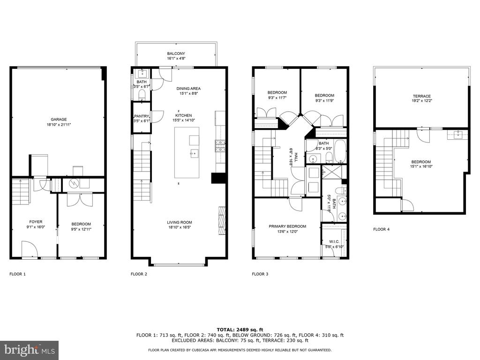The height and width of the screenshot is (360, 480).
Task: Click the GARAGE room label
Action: click(59, 120)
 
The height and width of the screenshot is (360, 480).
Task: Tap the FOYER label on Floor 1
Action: click(36, 222)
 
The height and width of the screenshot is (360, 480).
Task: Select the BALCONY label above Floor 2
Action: click(176, 53)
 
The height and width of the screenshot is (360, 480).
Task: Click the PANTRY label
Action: click(141, 116)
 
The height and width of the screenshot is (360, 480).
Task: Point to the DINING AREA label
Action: click(188, 89)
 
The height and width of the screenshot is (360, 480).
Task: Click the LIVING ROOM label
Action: click(180, 222)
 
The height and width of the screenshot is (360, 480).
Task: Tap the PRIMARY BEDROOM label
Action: click(287, 226)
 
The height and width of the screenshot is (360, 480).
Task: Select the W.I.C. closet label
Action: click(334, 241)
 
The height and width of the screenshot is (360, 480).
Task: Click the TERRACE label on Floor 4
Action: click(421, 96)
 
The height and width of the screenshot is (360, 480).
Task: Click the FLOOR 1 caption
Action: click(17, 274)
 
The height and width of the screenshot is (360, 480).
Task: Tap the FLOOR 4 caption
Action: click(382, 229)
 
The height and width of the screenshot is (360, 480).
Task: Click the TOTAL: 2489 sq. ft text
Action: click(240, 330)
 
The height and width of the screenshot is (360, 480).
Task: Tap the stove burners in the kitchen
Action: click(220, 146)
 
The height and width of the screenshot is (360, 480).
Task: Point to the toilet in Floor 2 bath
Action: click(142, 95)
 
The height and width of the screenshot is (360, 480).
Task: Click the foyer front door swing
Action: click(30, 249)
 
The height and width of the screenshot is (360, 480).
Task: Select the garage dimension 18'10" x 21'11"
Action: click(59, 125)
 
